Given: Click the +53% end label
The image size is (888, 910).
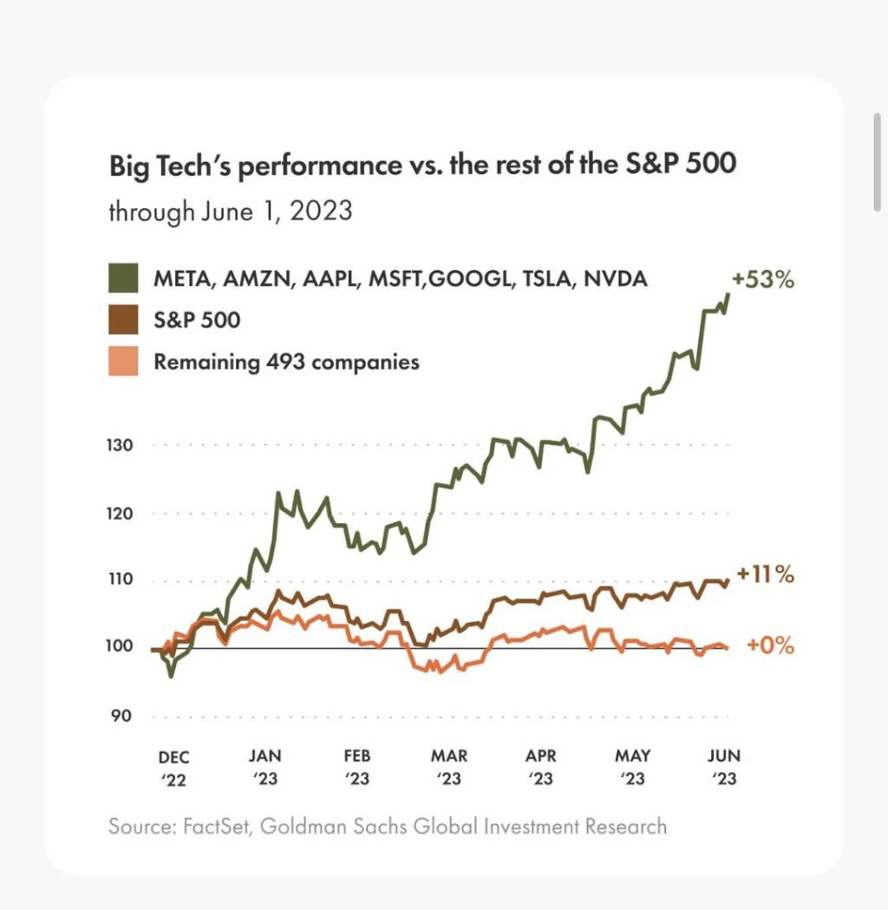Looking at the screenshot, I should pyautogui.click(x=764, y=280).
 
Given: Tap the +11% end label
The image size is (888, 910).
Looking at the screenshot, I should pyautogui.click(x=765, y=574).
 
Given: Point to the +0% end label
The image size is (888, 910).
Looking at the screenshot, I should pyautogui.click(x=770, y=645).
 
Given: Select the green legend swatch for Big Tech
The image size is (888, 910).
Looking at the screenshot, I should pyautogui.click(x=123, y=279).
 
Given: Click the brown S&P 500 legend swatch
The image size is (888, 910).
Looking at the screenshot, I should pyautogui.click(x=123, y=320).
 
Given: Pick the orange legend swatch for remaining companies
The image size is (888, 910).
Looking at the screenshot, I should pyautogui.click(x=123, y=361).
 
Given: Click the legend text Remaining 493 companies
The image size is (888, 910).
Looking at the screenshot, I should pyautogui.click(x=286, y=361).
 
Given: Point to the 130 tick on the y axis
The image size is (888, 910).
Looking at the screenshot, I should pyautogui.click(x=120, y=446).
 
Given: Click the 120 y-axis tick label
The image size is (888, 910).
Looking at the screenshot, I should pyautogui.click(x=120, y=514).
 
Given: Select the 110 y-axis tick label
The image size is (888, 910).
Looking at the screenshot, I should pyautogui.click(x=120, y=580).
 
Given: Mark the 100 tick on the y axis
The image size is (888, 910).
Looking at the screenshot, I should pyautogui.click(x=120, y=647).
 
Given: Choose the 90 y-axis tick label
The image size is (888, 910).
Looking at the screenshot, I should pyautogui.click(x=121, y=717).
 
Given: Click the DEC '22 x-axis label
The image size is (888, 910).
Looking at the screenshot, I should pyautogui.click(x=173, y=768).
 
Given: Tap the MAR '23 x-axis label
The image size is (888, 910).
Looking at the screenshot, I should pyautogui.click(x=449, y=768).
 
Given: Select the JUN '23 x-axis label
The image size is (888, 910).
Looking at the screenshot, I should pyautogui.click(x=724, y=768).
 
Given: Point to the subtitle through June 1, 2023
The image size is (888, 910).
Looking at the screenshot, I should pyautogui.click(x=230, y=212).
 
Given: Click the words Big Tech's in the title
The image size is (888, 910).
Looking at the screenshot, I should pyautogui.click(x=169, y=165).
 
